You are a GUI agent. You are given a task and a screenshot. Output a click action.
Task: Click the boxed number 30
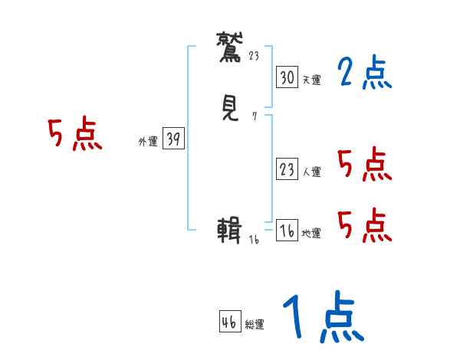pyautogui.click(x=287, y=77)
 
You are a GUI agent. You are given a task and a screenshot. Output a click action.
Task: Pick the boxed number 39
pyautogui.click(x=173, y=138)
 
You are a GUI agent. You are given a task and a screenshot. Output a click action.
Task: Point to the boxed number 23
pyautogui.click(x=287, y=170)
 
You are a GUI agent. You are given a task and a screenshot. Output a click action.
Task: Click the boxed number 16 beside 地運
pyautogui.click(x=287, y=231)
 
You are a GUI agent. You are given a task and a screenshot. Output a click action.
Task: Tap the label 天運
pyautogui.click(x=310, y=79)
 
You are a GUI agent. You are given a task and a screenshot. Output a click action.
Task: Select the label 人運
pyautogui.click(x=310, y=172)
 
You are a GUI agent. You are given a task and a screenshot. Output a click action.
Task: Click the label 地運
pyautogui.click(x=310, y=234)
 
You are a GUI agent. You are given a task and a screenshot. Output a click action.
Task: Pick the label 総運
pyautogui.click(x=254, y=325)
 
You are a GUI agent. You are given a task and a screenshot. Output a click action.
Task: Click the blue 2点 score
pyautogui.click(x=364, y=74)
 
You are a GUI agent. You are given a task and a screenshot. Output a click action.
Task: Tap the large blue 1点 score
pyautogui.click(x=322, y=319)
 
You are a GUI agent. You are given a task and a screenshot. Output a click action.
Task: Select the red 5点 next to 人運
pyautogui.click(x=364, y=165)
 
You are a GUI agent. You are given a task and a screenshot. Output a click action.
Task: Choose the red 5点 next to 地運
pyautogui.click(x=364, y=224)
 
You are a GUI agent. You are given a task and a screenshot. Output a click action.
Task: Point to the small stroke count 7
pyautogui.click(x=254, y=117)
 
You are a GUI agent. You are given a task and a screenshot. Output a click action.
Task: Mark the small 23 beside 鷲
pyautogui.click(x=255, y=56)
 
